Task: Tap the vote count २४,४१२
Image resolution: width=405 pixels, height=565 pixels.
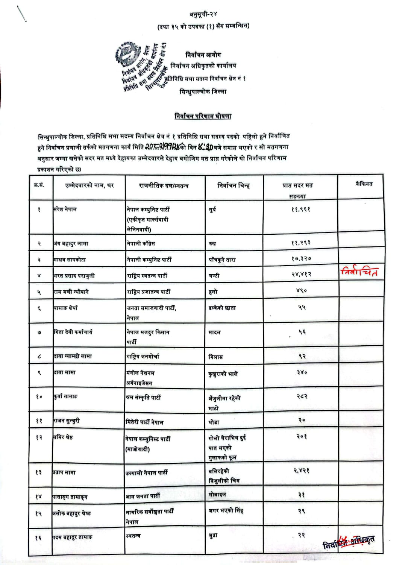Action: click(x=301, y=275)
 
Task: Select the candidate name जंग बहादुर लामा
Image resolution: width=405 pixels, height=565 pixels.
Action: click(x=71, y=243)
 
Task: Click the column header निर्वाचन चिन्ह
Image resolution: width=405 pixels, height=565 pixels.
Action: click(x=234, y=185)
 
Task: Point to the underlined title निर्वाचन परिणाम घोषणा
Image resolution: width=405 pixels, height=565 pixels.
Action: click(x=203, y=116)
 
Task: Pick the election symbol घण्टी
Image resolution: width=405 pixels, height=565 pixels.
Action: click(x=214, y=276)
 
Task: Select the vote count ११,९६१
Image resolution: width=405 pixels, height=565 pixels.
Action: click(x=300, y=210)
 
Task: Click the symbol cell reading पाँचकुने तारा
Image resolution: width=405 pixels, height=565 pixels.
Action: click(x=222, y=260)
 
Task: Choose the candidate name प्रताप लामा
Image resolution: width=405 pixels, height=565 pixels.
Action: click(x=64, y=472)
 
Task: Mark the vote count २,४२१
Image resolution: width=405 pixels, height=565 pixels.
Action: click(x=301, y=471)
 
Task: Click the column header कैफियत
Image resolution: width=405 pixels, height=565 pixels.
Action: click(x=364, y=184)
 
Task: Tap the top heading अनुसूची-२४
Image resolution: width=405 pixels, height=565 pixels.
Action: click(x=203, y=15)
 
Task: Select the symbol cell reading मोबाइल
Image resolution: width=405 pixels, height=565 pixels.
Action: click(x=217, y=495)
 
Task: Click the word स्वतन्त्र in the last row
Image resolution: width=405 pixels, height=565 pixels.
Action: click(x=133, y=536)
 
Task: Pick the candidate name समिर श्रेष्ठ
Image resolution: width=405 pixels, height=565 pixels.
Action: click(x=64, y=437)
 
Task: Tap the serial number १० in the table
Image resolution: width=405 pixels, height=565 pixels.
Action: click(x=39, y=396)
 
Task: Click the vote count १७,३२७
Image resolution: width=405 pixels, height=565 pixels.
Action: click(x=301, y=259)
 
